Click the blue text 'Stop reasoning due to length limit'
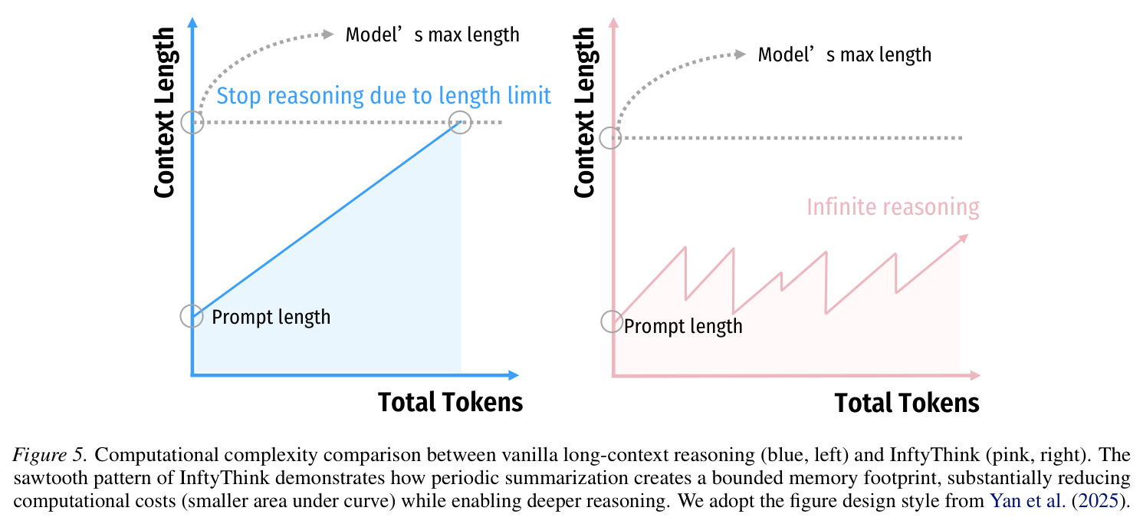coord(383,96)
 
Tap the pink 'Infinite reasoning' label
coord(893,207)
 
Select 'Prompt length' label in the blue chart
coord(271,317)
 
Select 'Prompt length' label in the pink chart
coord(683,326)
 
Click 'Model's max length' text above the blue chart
coord(432,35)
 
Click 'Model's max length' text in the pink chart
coord(845,54)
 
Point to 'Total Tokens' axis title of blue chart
coord(450,402)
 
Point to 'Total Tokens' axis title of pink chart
coord(907,403)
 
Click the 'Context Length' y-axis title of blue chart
coord(165,112)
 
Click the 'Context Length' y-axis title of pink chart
coord(585,112)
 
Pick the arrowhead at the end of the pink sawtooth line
coord(963,239)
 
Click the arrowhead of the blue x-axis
coord(514,375)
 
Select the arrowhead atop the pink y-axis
coord(613,22)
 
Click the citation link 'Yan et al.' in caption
coord(1028,500)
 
